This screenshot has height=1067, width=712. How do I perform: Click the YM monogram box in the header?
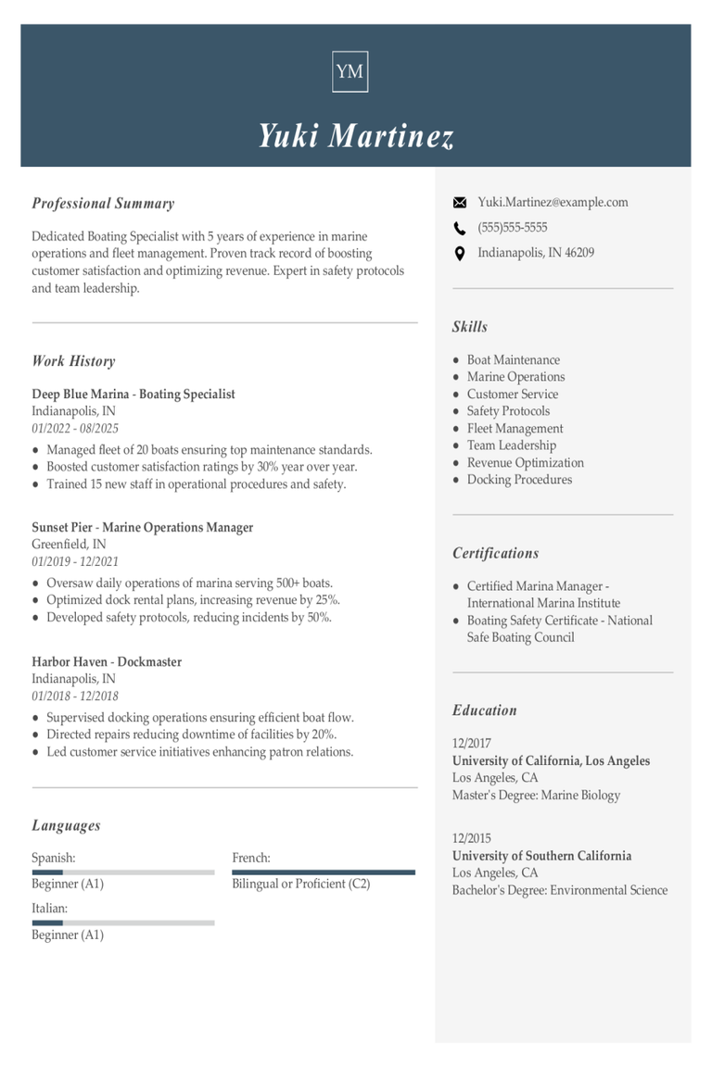tap(350, 71)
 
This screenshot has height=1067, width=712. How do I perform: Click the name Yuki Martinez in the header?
tap(356, 136)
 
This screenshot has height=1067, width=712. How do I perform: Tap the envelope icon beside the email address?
tap(460, 202)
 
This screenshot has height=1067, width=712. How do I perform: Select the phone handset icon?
tap(460, 228)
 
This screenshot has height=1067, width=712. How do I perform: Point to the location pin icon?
tap(460, 253)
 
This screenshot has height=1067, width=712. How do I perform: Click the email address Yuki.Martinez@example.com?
tap(553, 202)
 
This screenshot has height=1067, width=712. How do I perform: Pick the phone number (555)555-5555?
tap(513, 228)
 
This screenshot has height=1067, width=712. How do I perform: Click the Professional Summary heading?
tap(103, 204)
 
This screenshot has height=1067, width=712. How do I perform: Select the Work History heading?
tap(73, 361)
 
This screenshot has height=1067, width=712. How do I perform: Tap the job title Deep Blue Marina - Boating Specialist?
tap(133, 395)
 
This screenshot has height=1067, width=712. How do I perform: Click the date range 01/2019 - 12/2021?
tap(75, 561)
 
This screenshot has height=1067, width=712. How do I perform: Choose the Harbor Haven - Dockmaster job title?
tap(107, 662)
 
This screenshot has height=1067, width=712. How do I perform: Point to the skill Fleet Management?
tap(515, 429)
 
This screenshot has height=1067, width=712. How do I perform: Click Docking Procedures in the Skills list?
tap(519, 480)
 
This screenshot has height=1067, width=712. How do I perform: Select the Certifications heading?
tap(495, 553)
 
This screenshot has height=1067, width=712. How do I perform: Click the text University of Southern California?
tap(541, 856)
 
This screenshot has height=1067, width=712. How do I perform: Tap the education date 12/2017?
tap(472, 743)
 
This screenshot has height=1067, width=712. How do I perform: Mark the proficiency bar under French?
tap(324, 872)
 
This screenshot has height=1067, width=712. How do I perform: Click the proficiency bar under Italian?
tap(123, 923)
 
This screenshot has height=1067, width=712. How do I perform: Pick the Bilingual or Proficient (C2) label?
tap(301, 884)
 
